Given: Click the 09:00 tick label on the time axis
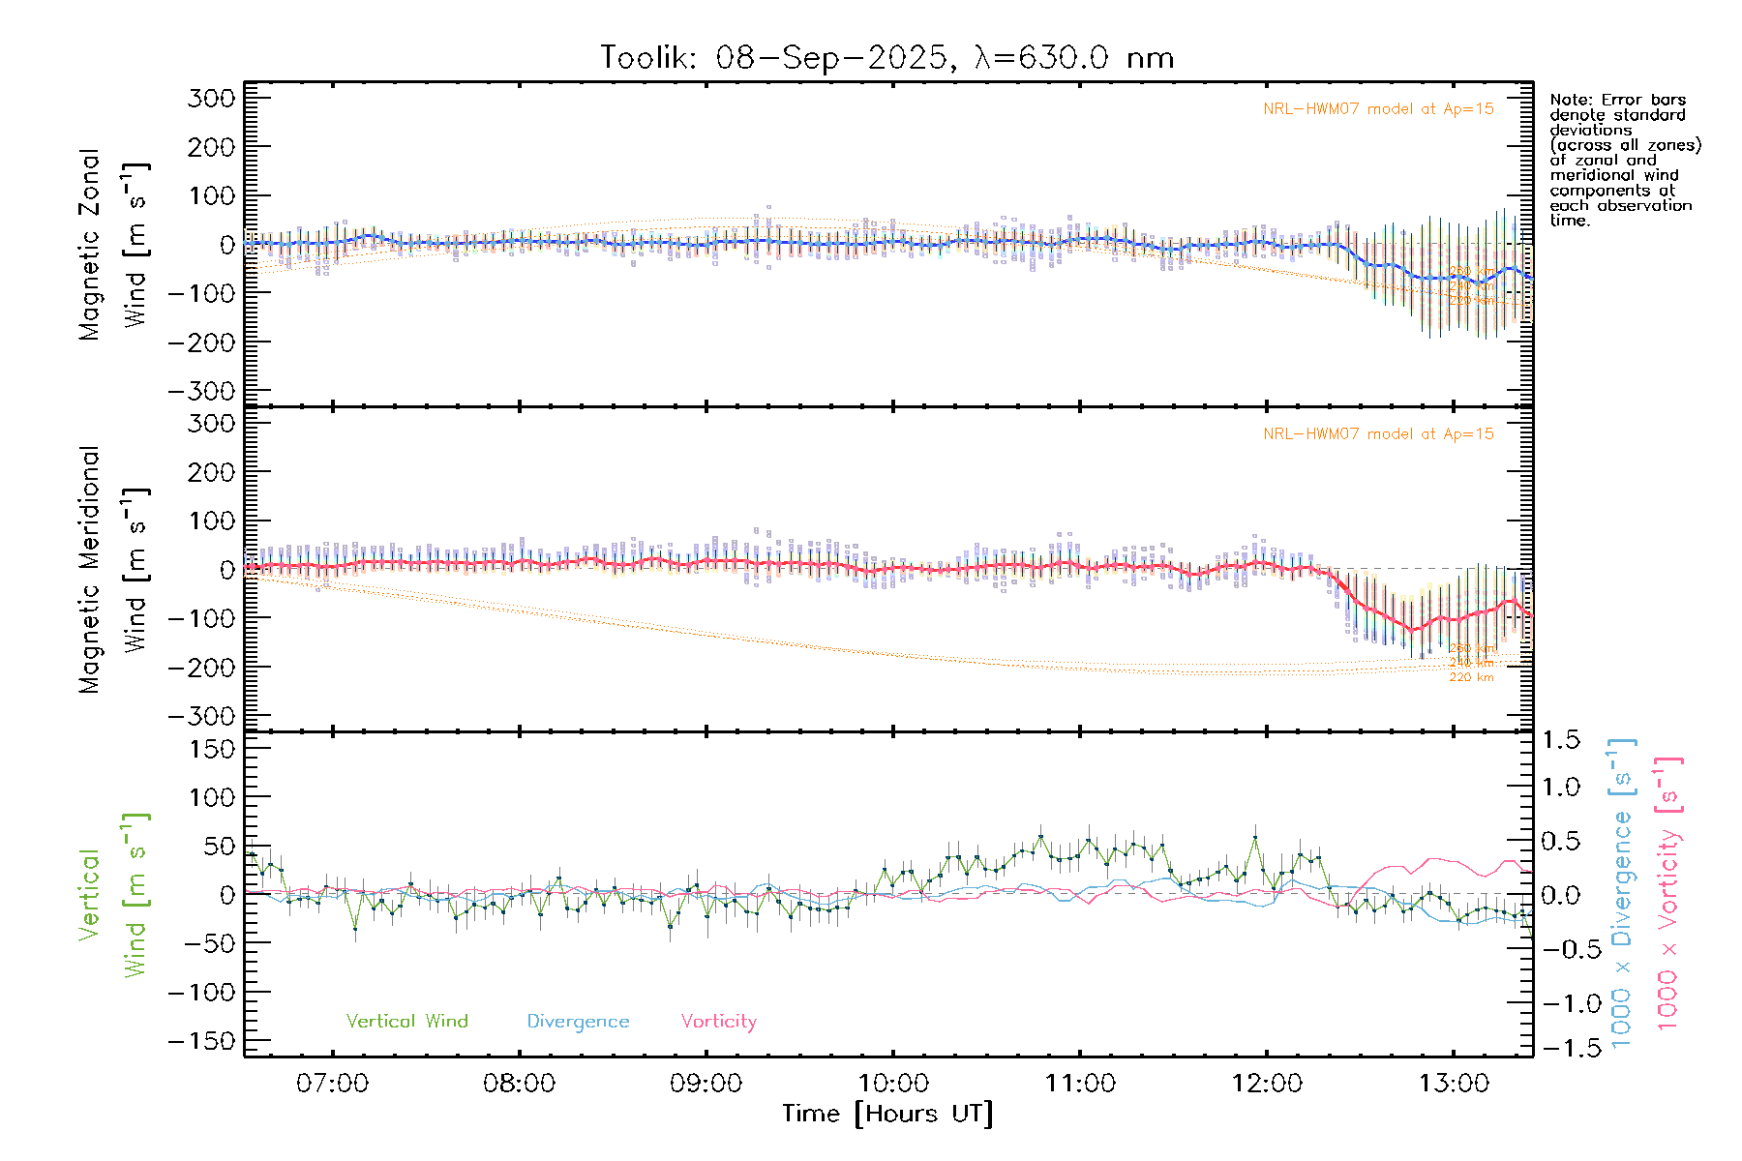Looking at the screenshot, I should coord(706,1084).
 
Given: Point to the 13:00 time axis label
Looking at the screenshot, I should coord(1454,1084).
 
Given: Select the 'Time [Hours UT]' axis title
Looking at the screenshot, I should coord(887,1114).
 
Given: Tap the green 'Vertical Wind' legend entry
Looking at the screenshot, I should coord(406,1021).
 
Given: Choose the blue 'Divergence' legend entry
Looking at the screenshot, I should coord(578,1022).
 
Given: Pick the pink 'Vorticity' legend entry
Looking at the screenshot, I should coord(718,1021).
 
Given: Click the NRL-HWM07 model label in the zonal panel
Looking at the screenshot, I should coord(1378,108).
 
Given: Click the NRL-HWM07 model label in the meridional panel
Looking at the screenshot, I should coord(1378,433).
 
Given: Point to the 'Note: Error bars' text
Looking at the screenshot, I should coord(1617,100).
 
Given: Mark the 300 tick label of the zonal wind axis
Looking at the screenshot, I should coord(212,98).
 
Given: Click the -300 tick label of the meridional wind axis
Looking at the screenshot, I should coord(202,716).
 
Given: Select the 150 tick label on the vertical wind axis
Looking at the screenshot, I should coord(212,748).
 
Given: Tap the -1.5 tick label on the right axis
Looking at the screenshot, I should coord(1560,1047).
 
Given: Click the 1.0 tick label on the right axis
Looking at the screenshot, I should coord(1560,787).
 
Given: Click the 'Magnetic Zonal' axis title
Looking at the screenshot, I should coord(89,244).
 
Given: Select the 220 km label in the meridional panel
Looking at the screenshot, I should coord(1471,677).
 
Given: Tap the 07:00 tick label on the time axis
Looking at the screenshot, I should coord(332,1084).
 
